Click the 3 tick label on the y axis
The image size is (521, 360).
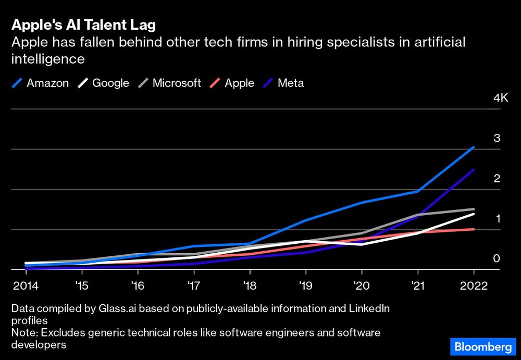pyautogui.click(x=497, y=138)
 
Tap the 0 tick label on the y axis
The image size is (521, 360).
pyautogui.click(x=497, y=258)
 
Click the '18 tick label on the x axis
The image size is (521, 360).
pyautogui.click(x=250, y=286)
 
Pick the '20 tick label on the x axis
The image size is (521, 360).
pyautogui.click(x=362, y=286)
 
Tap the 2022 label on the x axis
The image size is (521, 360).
pyautogui.click(x=474, y=286)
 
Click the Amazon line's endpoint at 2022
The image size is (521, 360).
pyautogui.click(x=474, y=147)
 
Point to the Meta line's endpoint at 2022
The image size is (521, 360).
pyautogui.click(x=474, y=169)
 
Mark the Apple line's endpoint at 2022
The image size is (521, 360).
pyautogui.click(x=474, y=229)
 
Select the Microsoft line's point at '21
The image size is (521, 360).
pyautogui.click(x=418, y=215)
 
